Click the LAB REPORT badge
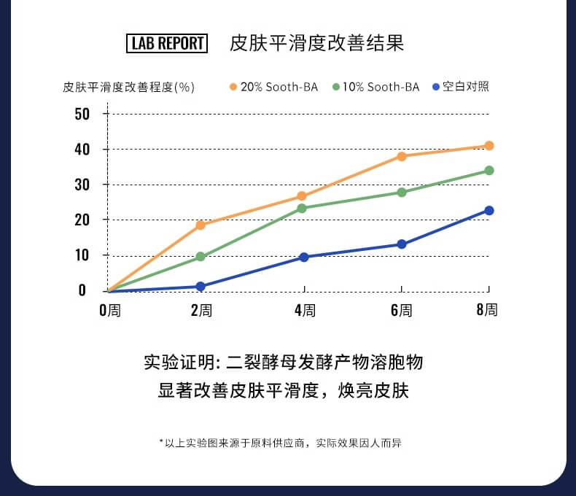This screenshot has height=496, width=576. point(167,43)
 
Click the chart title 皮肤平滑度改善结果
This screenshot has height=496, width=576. point(316,43)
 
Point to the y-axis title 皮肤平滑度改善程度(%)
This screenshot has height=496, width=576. point(129,87)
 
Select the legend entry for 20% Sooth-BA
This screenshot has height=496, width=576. point(274,87)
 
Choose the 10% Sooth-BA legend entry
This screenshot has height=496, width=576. point(376,87)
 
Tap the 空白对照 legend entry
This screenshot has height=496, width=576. point(461,86)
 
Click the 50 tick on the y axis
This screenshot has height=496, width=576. point(82,114)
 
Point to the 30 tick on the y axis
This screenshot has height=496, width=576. point(82,185)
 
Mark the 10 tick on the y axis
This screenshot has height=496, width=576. point(82,255)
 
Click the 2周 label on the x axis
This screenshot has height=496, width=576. point(201,310)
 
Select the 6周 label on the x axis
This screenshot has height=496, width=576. point(401,310)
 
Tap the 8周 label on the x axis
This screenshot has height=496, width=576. point(487,309)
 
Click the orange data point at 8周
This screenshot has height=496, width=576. point(489,146)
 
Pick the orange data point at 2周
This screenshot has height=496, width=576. point(201,225)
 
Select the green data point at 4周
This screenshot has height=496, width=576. point(302,208)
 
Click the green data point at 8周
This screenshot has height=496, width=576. point(489,171)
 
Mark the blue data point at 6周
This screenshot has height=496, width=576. point(401,244)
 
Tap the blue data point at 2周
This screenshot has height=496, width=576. point(201,287)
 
